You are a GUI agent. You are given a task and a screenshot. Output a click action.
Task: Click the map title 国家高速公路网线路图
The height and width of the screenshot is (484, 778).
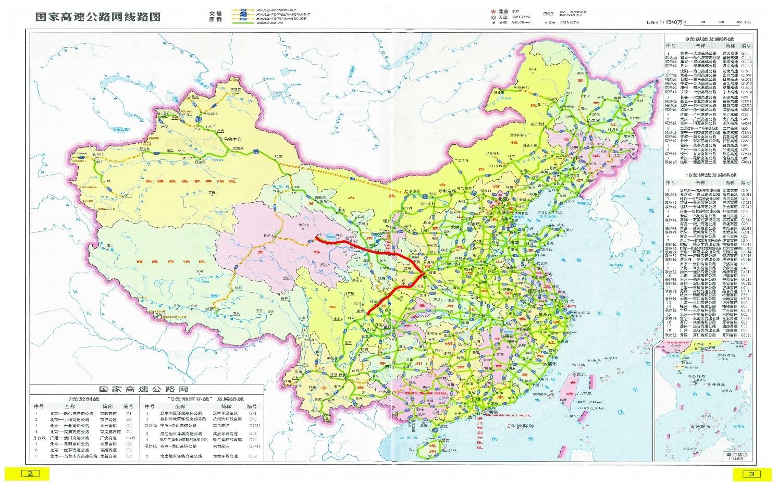(x=98, y=16)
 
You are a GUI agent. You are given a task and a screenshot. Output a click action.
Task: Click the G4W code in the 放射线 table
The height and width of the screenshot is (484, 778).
(x=129, y=439)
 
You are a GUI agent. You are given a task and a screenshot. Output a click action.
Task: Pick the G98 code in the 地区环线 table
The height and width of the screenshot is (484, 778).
(x=253, y=456)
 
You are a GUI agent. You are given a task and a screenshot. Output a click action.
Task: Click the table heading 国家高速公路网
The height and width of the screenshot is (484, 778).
(x=143, y=389)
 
